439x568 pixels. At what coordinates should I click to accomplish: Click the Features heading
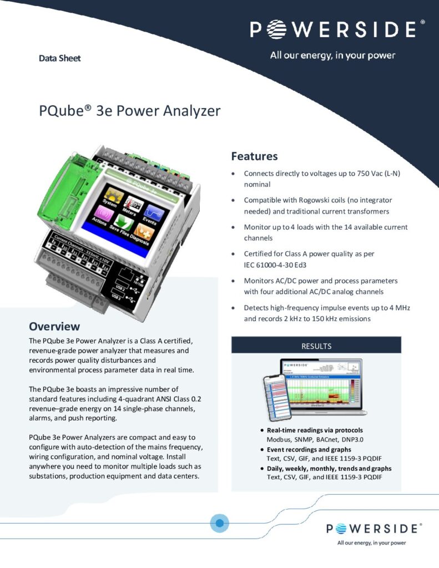coord(254,156)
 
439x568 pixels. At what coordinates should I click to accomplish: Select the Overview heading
coord(54,326)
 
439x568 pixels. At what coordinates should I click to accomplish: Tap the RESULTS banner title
coord(316,346)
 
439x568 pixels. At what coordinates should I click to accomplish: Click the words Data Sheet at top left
coord(59,58)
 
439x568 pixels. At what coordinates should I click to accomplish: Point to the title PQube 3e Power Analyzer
coord(130,111)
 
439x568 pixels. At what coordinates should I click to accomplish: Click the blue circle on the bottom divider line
coord(220,523)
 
